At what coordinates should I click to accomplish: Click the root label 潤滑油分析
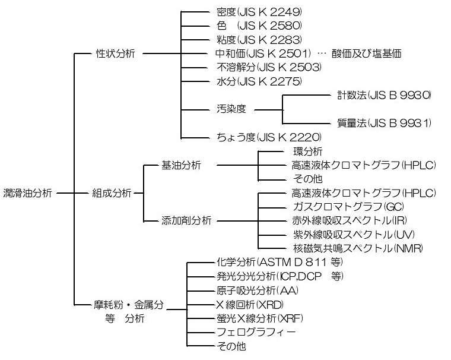(x=28, y=193)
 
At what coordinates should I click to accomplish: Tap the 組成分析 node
(x=112, y=193)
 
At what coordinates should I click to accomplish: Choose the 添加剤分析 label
(x=186, y=220)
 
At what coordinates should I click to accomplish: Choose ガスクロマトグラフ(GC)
(x=331, y=207)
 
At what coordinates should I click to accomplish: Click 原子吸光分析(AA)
(x=258, y=291)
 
